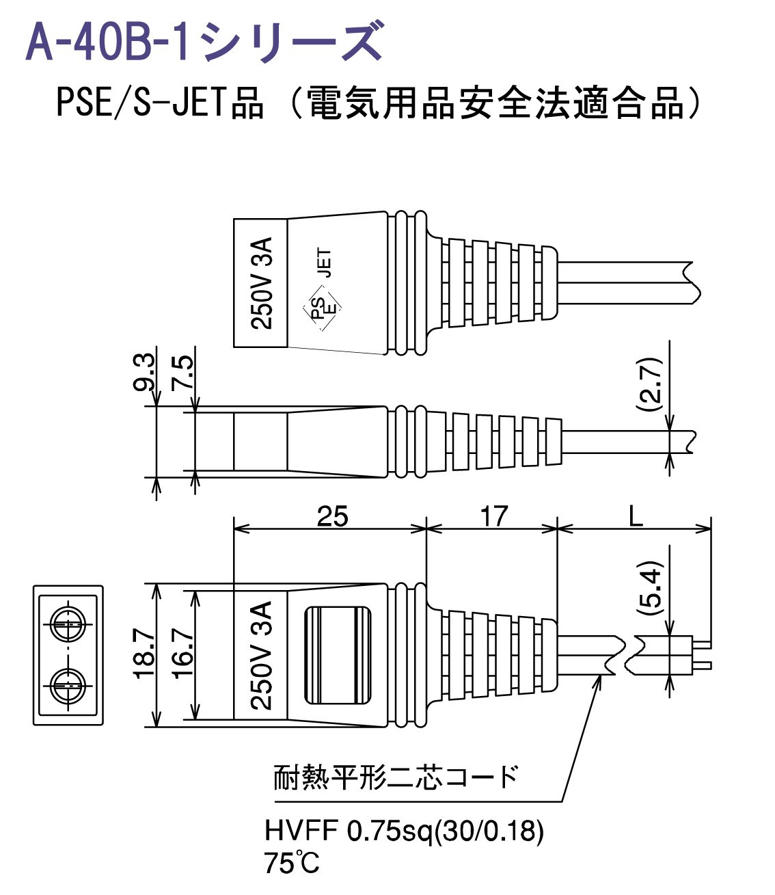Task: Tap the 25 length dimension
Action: pos(332,516)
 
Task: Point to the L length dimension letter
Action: pos(635,516)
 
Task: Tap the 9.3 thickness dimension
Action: pos(145,373)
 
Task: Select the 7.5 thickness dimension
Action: pos(182,373)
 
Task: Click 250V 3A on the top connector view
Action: pos(260,283)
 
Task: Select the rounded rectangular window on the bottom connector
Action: pos(338,655)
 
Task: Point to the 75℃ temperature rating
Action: pos(291,864)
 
